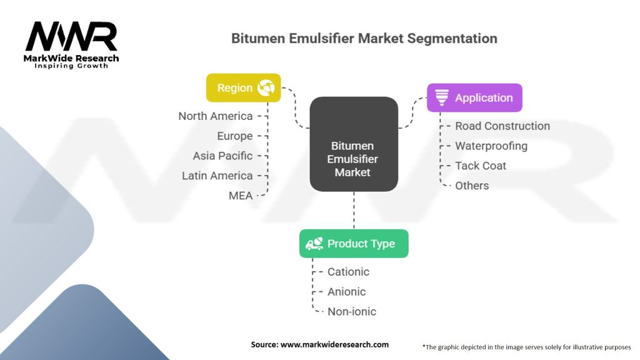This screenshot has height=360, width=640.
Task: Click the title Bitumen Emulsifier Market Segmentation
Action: click(364, 38)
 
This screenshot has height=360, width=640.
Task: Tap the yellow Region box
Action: click(243, 88)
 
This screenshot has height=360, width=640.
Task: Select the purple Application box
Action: click(474, 98)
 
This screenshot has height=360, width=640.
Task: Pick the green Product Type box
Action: click(353, 244)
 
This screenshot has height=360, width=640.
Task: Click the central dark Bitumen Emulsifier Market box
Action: click(354, 144)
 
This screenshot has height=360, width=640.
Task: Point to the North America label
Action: click(215, 116)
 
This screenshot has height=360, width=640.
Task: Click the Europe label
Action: click(234, 136)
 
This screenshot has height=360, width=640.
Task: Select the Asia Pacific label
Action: click(222, 156)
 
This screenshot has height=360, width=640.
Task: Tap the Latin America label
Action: click(217, 176)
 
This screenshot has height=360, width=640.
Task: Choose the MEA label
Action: click(241, 196)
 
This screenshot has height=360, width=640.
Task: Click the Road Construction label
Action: click(502, 126)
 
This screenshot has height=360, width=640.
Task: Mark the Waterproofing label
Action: click(491, 146)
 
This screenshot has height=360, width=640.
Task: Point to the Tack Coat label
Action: click(481, 166)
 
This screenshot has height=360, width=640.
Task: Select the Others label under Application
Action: click(472, 186)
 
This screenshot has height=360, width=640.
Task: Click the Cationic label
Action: click(348, 272)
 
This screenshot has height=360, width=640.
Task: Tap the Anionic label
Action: click(346, 292)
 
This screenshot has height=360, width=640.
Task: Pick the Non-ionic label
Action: click(352, 312)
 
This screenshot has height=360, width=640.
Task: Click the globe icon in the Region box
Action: click(266, 88)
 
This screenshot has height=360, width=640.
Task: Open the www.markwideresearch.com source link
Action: click(334, 344)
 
